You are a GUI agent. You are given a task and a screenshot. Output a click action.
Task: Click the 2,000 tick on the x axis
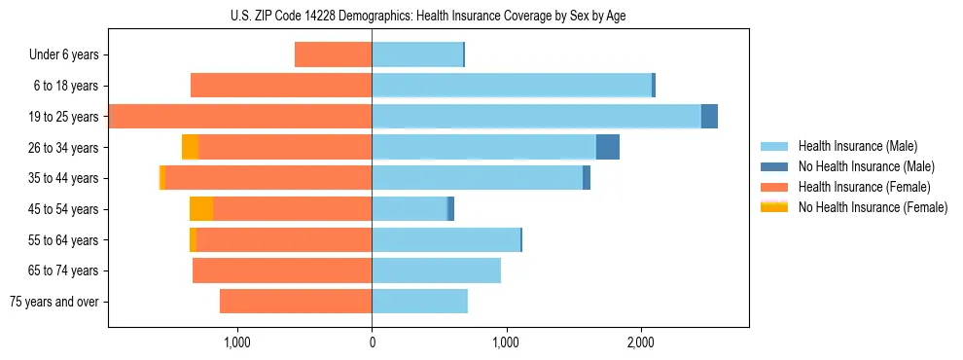point(639,342)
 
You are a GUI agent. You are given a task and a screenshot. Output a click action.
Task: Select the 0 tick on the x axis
point(372,342)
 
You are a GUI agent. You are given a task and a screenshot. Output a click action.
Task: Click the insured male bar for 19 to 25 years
point(536,117)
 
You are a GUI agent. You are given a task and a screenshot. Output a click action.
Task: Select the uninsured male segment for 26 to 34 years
point(608,147)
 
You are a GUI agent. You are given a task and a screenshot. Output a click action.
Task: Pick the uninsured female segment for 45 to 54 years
point(201,209)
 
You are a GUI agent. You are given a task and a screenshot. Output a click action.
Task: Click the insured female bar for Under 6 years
point(333,55)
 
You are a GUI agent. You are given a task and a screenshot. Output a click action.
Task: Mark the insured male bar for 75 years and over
point(419,302)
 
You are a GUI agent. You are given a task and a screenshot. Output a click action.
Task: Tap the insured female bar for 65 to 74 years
point(282,270)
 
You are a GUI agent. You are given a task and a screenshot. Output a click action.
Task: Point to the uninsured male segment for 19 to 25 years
point(709,117)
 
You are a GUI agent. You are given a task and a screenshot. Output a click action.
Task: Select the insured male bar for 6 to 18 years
point(512,86)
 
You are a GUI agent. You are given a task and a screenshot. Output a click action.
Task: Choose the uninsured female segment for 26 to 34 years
point(191,147)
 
